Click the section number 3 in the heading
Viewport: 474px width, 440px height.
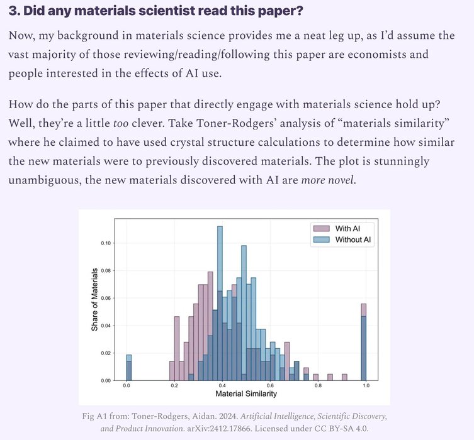click(x=13, y=11)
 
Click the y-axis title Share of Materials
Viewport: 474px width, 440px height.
click(x=94, y=299)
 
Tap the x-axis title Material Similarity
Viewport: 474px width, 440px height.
click(x=245, y=394)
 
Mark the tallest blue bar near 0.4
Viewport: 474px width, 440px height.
click(x=220, y=302)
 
